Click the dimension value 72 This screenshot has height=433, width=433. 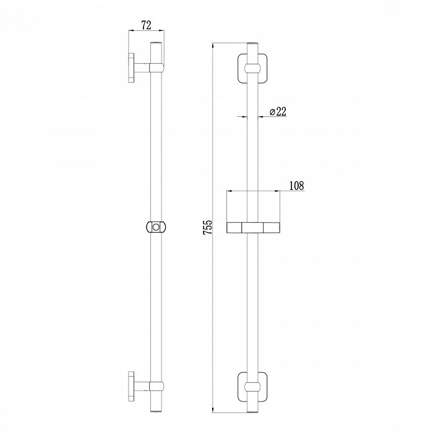(147, 25)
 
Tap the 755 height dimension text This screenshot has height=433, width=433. (208, 227)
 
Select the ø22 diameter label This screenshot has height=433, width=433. (278, 111)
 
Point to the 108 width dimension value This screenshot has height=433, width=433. (296, 186)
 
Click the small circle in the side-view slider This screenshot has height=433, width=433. (156, 227)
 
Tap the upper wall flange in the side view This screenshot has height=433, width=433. (131, 67)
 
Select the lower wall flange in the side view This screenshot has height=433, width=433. (131, 386)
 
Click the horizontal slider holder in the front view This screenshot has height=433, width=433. (253, 227)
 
